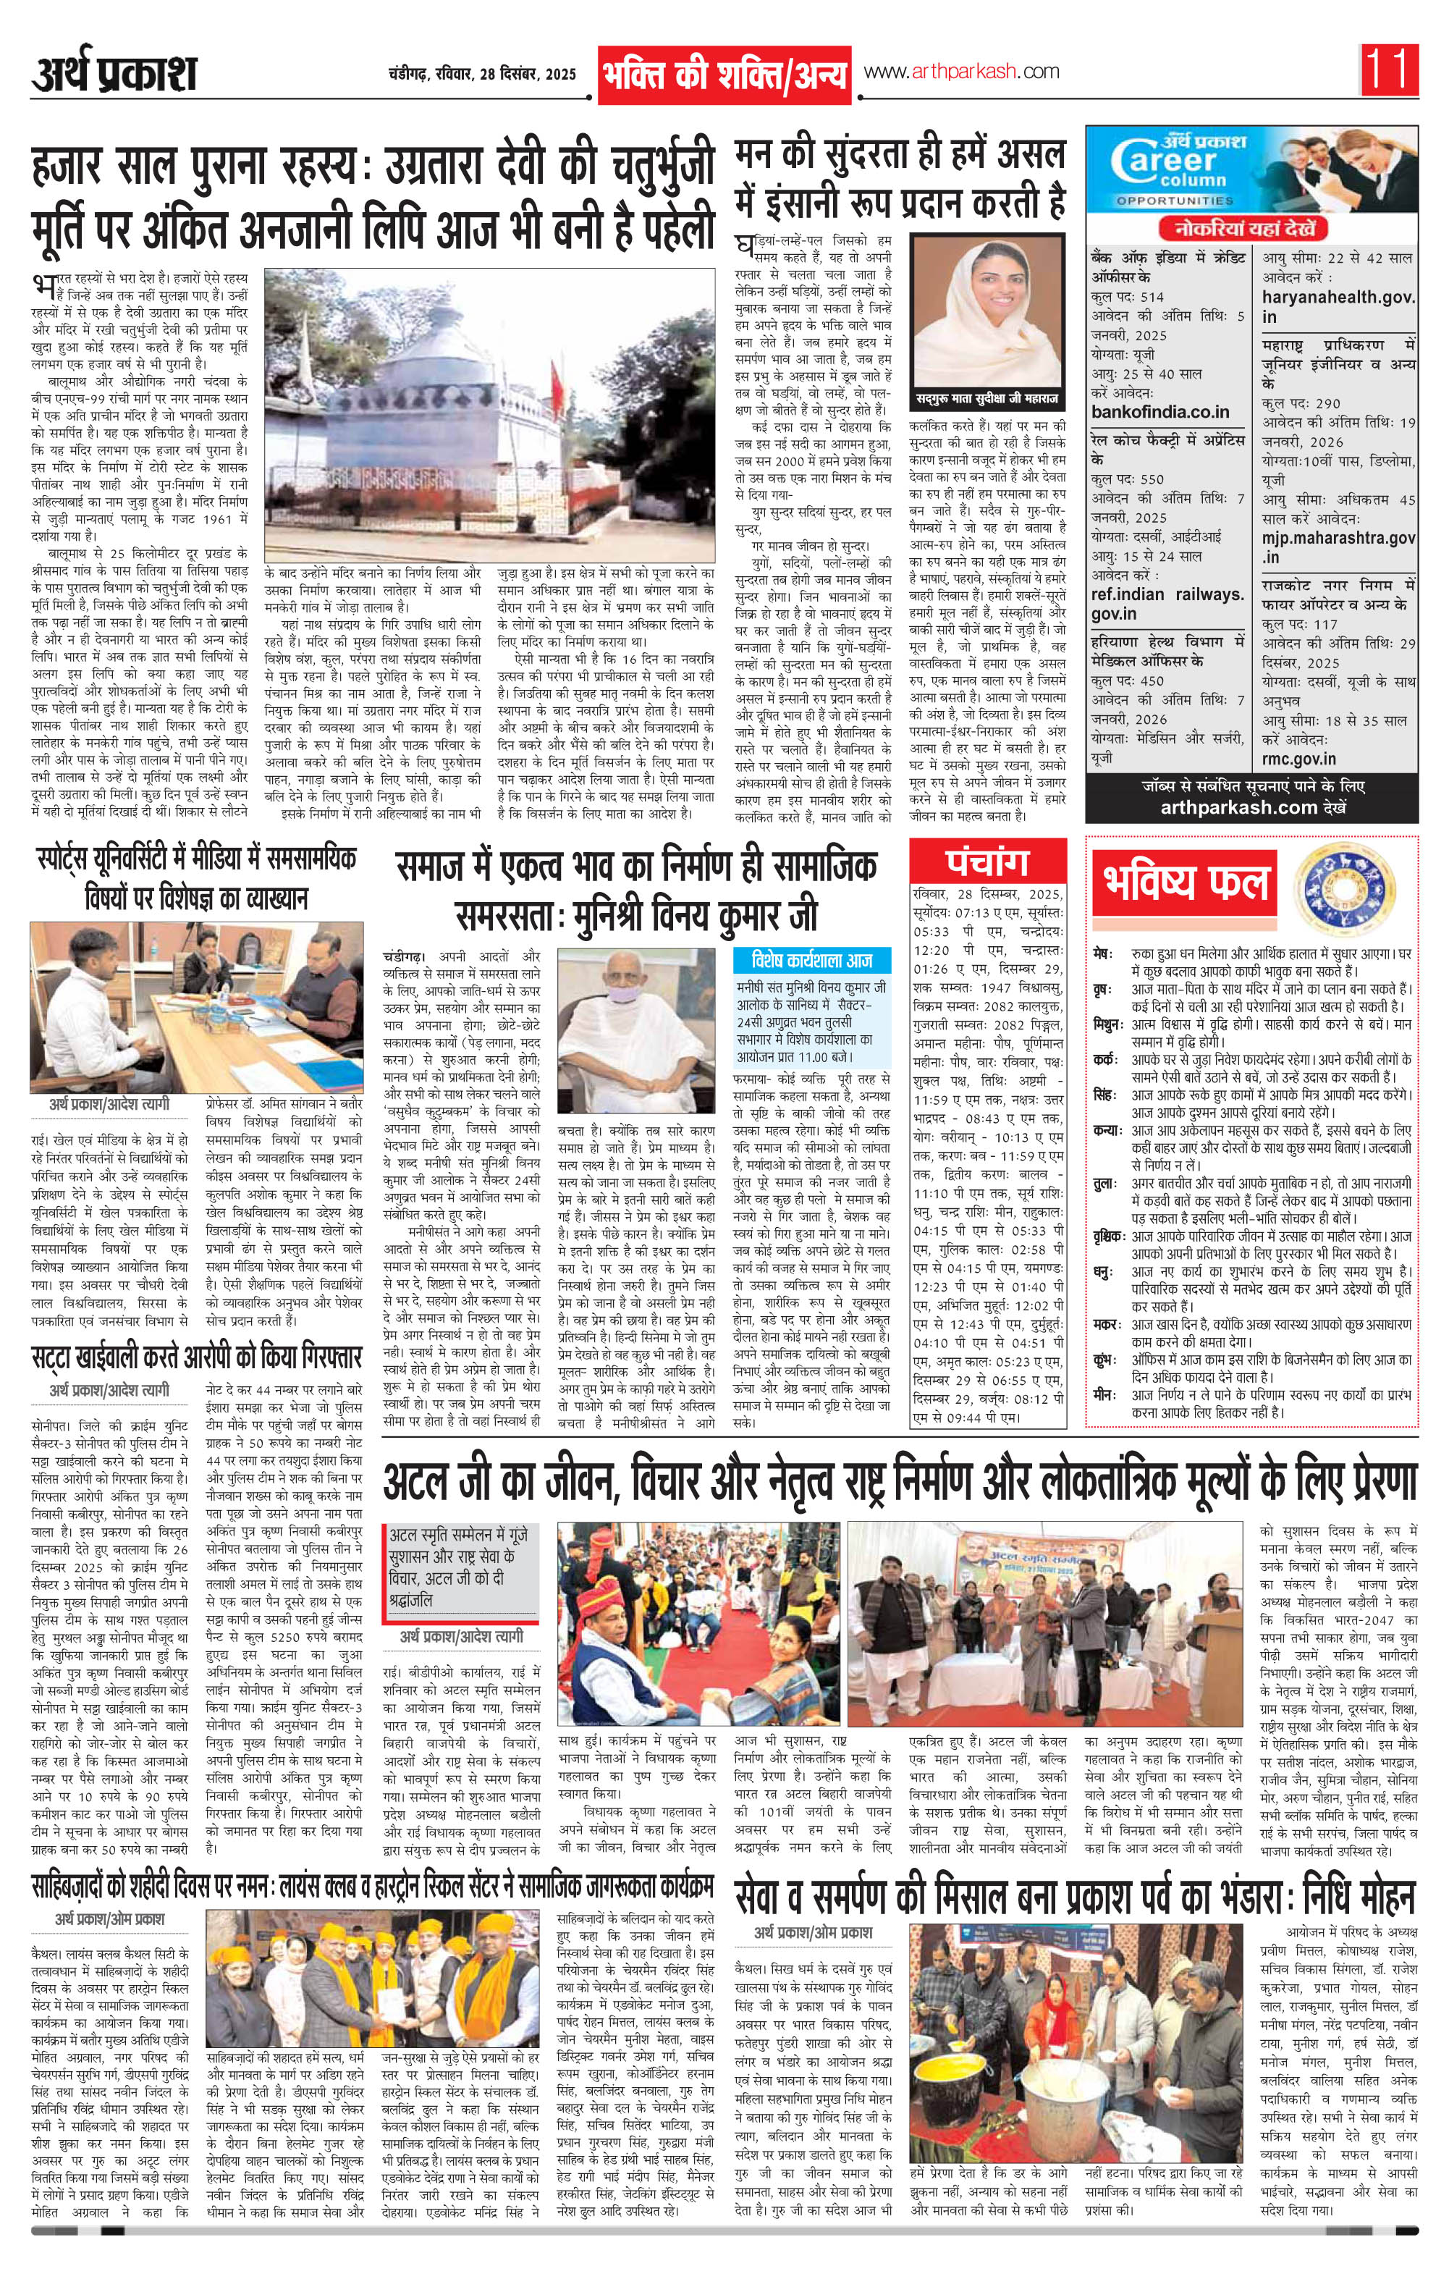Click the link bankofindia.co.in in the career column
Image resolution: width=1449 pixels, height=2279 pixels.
coord(1159,412)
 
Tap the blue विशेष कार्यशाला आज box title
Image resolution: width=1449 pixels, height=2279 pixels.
coord(812,961)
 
